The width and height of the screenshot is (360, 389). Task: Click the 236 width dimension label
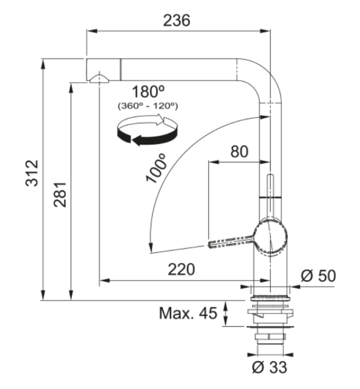pos(177,20)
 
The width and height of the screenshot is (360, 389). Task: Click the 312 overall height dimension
pos(33,173)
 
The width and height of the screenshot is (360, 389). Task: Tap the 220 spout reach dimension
pos(181,269)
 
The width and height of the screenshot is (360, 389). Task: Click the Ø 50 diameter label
pos(318,276)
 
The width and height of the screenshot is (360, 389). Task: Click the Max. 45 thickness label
pos(187,314)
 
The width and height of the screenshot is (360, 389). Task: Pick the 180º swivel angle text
pos(148,92)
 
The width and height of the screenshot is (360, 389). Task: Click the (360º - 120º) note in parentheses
pos(148,105)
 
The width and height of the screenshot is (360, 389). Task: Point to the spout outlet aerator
pos(99,78)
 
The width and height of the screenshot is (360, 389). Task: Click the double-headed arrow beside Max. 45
pos(226,314)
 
